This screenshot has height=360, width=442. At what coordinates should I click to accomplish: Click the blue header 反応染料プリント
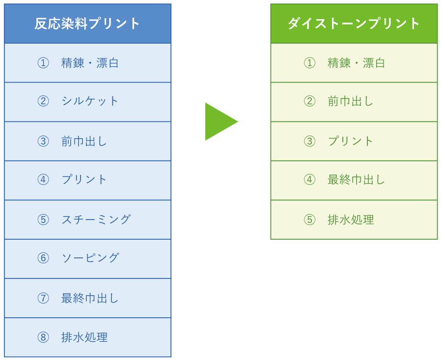click(87, 24)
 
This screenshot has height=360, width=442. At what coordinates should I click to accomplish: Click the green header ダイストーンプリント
click(354, 24)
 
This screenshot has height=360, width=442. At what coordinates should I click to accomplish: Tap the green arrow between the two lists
click(221, 121)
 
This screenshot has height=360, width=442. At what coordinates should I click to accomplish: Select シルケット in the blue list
click(90, 101)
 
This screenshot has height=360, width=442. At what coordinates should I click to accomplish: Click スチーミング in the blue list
click(96, 220)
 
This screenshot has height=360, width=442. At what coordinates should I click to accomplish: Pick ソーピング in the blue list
click(90, 258)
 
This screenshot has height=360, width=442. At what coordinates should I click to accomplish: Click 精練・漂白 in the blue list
click(90, 63)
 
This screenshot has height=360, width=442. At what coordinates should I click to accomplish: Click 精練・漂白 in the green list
click(357, 63)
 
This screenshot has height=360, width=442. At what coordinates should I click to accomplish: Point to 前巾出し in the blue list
click(84, 141)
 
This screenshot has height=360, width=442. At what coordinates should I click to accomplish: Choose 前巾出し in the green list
click(350, 101)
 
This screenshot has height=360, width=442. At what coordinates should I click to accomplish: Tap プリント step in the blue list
click(84, 180)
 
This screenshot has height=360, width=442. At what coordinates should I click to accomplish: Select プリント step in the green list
click(350, 141)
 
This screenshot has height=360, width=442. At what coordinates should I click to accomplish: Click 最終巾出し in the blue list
click(90, 298)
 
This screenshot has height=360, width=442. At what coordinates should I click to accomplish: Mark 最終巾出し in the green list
click(357, 180)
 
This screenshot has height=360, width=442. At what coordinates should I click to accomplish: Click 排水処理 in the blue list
click(84, 337)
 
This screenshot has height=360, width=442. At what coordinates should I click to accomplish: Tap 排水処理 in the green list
click(351, 220)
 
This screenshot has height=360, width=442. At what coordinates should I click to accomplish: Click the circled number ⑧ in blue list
click(43, 337)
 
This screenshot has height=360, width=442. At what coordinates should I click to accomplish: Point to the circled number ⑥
click(43, 258)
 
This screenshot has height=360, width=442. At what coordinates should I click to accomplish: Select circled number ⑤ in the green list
click(309, 220)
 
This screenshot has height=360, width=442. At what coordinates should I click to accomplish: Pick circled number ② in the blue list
click(43, 101)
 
